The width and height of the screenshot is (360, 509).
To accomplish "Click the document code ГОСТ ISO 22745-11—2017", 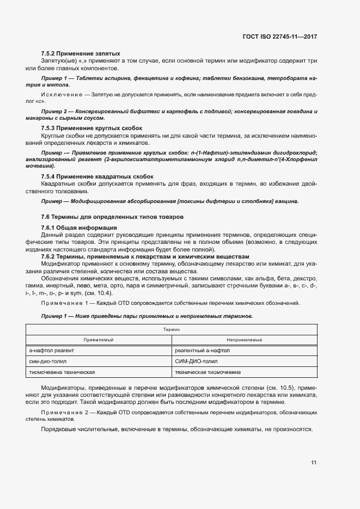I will (x=279, y=37).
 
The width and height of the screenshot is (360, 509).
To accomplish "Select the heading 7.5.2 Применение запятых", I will (x=81, y=54).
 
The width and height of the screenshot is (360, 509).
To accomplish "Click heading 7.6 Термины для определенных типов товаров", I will (x=112, y=217).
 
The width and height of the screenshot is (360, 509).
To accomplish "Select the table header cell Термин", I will (x=172, y=330).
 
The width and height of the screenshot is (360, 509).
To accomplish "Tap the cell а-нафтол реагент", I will (x=52, y=351).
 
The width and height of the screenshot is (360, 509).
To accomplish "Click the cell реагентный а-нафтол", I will (x=199, y=351).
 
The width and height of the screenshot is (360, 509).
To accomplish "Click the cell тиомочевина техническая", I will (x=62, y=372).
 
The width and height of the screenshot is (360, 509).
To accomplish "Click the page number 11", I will (x=314, y=463).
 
